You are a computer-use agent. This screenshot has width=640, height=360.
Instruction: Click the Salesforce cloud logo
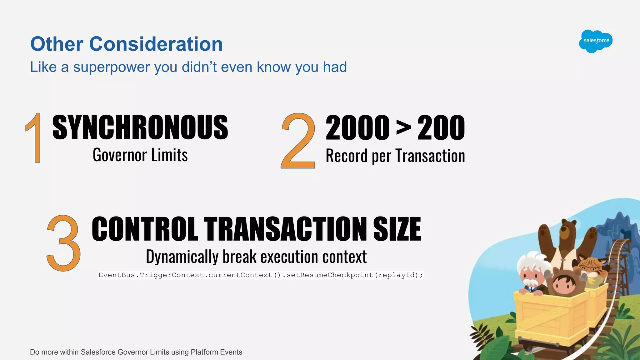tap(596, 41)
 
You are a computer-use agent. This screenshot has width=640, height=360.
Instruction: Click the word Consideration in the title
tap(156, 44)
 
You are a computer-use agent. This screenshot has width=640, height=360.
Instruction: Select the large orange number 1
tap(35, 138)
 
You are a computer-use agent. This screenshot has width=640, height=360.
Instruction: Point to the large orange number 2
tap(298, 141)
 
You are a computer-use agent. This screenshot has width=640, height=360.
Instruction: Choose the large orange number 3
tap(63, 243)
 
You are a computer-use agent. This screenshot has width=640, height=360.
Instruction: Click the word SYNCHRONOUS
tap(140, 127)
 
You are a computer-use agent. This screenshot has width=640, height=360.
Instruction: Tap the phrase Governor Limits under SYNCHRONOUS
tap(140, 155)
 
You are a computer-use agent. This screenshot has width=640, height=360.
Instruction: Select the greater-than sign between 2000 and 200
tap(403, 128)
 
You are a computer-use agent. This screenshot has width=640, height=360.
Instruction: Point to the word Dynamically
tap(182, 257)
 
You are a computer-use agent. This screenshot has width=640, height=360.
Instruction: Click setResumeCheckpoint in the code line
tap(330, 275)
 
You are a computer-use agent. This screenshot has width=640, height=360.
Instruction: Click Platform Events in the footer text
tap(216, 352)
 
